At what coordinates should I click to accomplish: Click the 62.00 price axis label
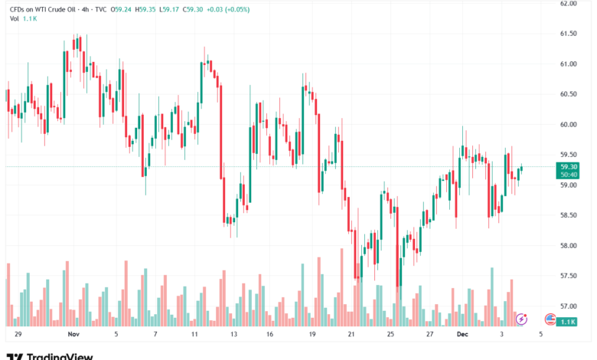point(568,4)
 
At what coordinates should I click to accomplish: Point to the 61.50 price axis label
point(568,34)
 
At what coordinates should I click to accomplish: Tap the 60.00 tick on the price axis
point(568,124)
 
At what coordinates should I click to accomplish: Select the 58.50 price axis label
point(568,215)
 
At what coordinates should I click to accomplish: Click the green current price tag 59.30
point(568,166)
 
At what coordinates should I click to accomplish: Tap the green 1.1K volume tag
point(568,322)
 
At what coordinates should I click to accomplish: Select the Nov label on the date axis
point(74,335)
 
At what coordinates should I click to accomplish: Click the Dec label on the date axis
point(462,335)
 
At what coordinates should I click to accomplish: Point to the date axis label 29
point(17,335)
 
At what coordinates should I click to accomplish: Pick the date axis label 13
point(233,335)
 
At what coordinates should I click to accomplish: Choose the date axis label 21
point(351,335)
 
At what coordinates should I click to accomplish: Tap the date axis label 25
point(390,335)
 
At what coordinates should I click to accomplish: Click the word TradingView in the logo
point(60,355)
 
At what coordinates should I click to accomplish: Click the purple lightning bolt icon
point(521,318)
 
